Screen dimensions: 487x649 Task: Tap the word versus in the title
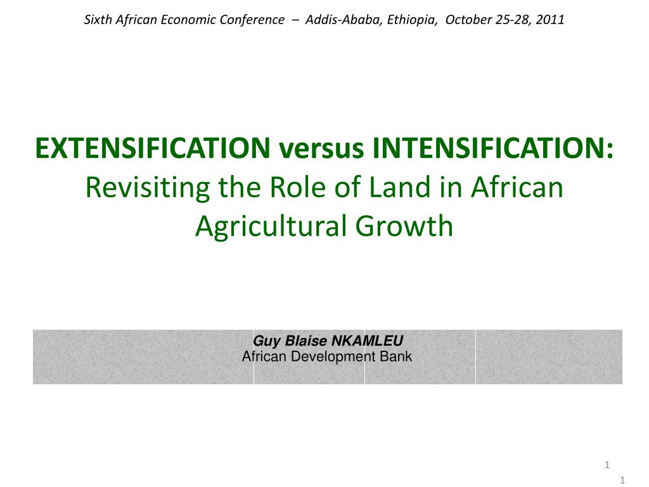[319, 149]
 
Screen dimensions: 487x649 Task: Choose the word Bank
[396, 356]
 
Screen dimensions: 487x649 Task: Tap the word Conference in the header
[252, 20]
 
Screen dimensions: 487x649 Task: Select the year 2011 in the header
[550, 20]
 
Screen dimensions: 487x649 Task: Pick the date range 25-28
[513, 20]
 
